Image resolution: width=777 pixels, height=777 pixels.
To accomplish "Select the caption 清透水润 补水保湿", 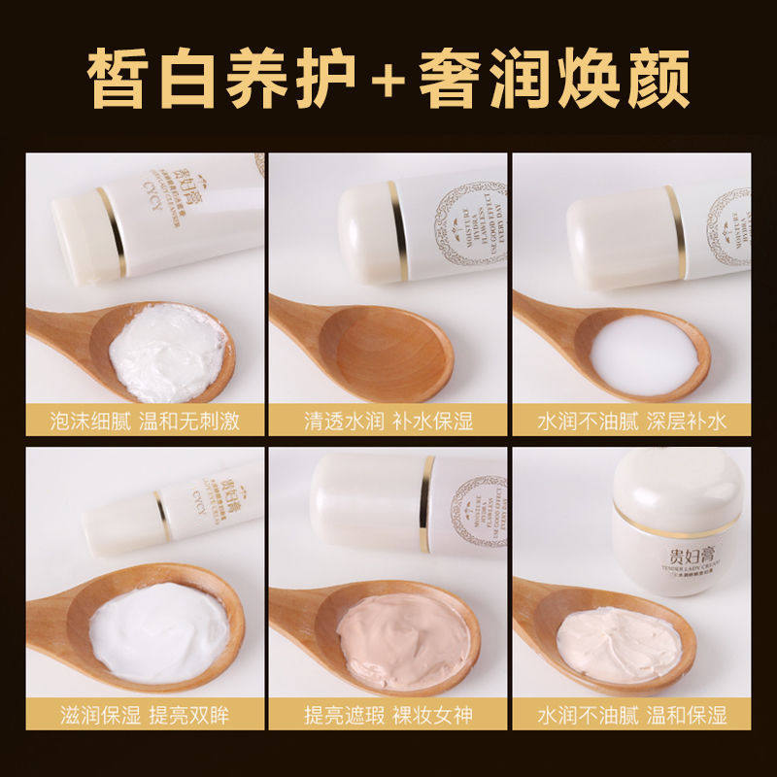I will coord(388,422).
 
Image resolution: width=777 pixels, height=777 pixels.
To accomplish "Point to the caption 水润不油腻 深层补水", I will coord(632,422).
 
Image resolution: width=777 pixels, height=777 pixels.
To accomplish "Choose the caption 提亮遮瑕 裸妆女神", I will coord(388,717).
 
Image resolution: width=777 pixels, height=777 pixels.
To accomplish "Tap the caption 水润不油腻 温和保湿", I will coord(632,717).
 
